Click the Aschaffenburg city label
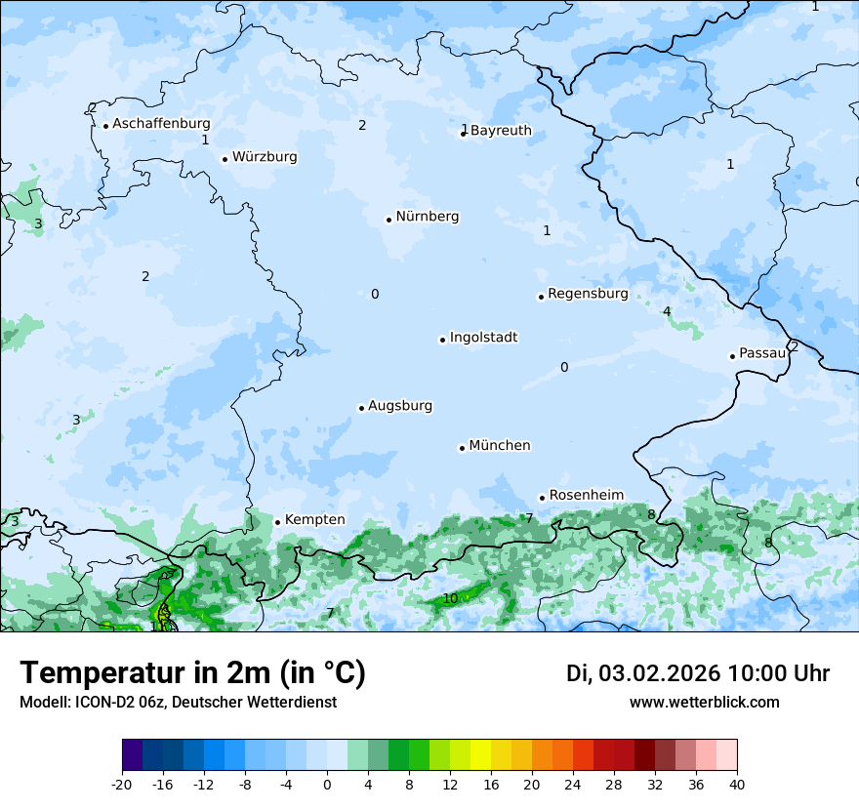tap(161, 124)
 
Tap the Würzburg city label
tap(265, 157)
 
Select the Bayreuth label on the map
tap(501, 131)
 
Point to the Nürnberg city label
tap(427, 217)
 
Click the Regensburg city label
tap(588, 294)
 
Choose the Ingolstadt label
tap(483, 338)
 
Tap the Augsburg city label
tap(400, 406)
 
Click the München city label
tap(500, 446)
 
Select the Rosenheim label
tap(586, 496)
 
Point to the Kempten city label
tap(314, 520)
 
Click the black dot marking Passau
tap(732, 356)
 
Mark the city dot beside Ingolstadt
tap(442, 340)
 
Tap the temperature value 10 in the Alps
tap(450, 598)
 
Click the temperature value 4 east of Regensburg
tap(667, 311)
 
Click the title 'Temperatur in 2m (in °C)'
tap(192, 673)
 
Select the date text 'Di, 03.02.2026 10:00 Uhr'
tap(698, 673)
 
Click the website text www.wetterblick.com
tap(704, 702)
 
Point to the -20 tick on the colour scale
tap(122, 785)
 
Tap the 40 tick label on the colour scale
tap(737, 785)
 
